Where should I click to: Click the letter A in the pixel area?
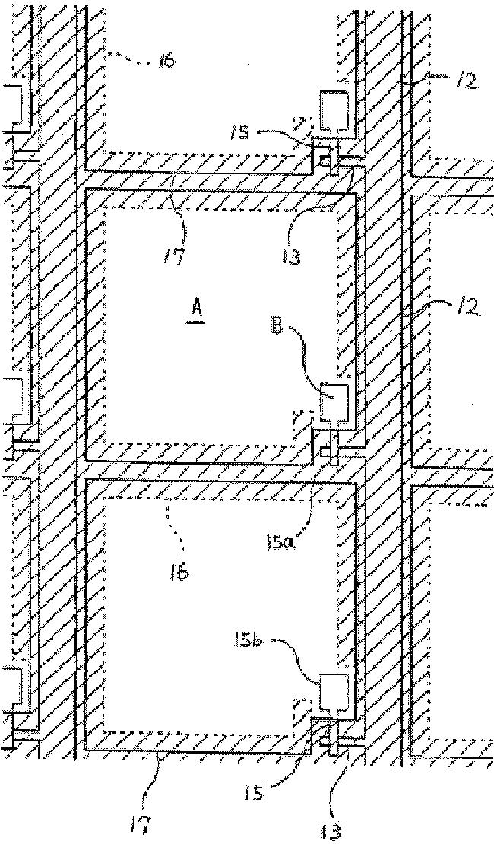point(197,307)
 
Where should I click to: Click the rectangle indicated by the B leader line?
point(333,401)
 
